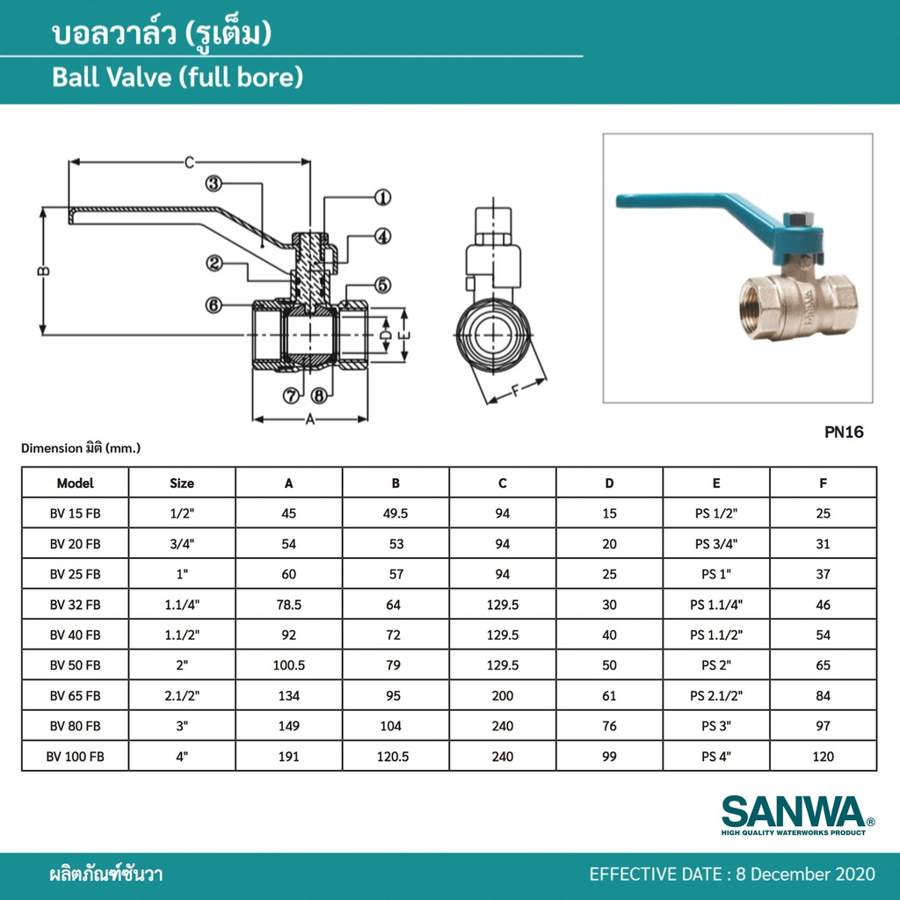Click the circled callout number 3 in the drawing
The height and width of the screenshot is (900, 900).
(x=214, y=184)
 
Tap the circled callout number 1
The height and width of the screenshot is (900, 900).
(x=383, y=198)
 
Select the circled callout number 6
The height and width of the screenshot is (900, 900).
(x=214, y=305)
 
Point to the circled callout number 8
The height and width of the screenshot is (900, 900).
(x=319, y=395)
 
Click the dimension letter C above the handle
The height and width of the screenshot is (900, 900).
(x=190, y=163)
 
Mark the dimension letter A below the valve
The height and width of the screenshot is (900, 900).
(x=310, y=419)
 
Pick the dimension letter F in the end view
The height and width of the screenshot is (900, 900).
(x=515, y=391)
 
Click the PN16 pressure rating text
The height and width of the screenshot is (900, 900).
(x=844, y=432)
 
